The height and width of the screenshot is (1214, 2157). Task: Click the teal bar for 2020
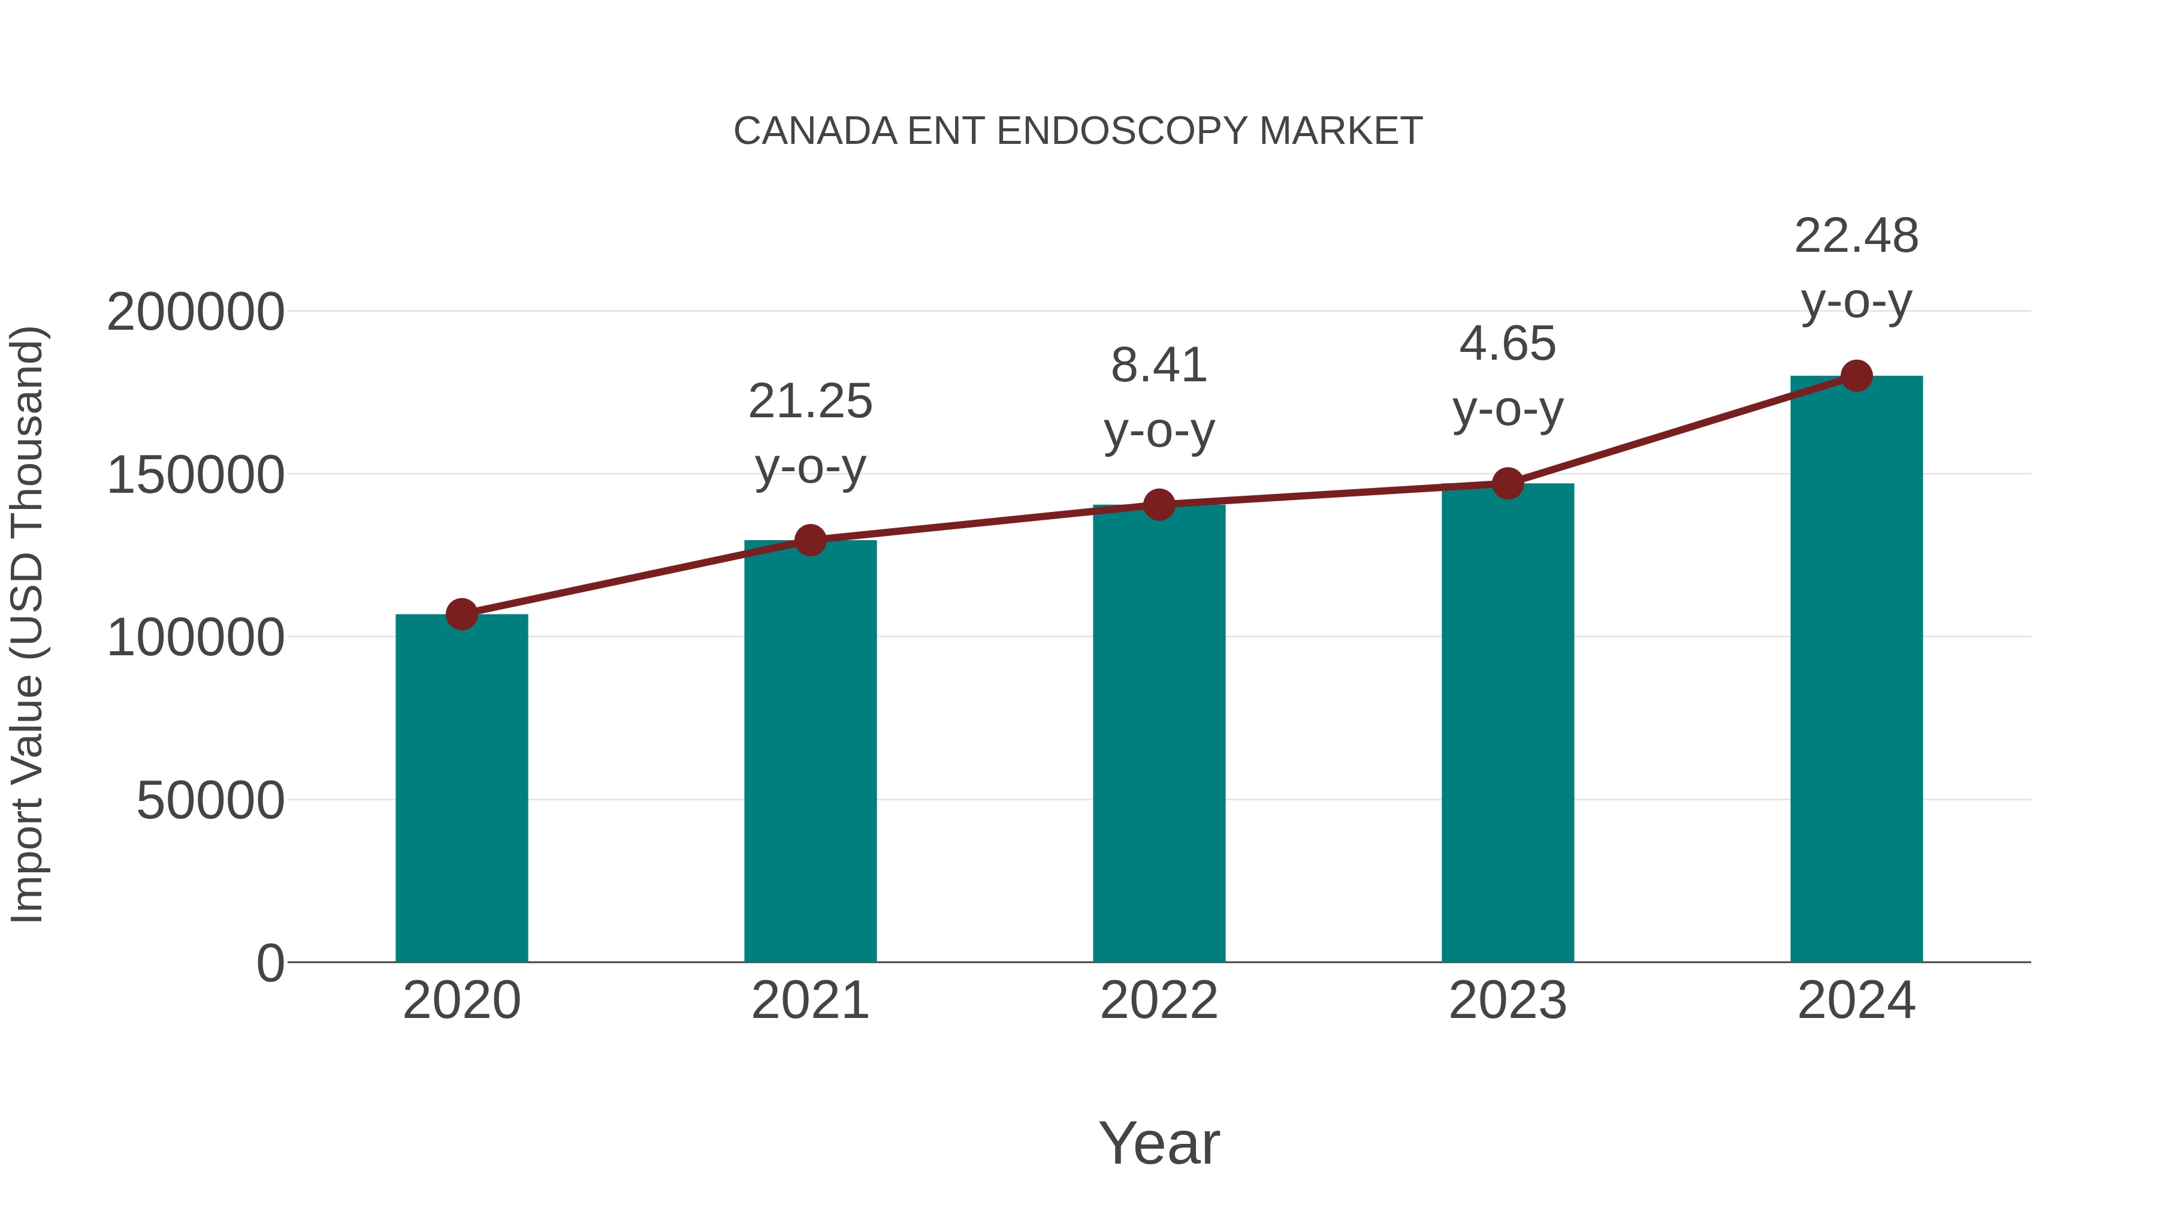(461, 788)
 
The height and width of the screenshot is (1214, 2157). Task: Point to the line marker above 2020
(461, 614)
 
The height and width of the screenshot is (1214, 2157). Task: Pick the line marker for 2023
(1508, 483)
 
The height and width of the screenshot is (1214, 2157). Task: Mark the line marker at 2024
(1856, 376)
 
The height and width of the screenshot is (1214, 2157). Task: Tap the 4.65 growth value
(1508, 344)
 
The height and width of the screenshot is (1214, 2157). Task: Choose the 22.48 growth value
(1856, 236)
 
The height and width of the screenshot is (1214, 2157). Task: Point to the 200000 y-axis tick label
(195, 312)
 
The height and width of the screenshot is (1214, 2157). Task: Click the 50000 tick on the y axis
(210, 801)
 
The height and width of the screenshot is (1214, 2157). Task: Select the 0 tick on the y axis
(270, 963)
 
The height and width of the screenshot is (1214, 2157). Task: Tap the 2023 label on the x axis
(1508, 1001)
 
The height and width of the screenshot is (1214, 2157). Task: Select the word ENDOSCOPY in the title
(1123, 131)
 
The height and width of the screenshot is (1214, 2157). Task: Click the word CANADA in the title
(815, 131)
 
